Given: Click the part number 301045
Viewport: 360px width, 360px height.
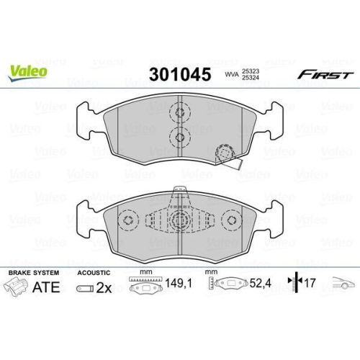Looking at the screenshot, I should coord(179,73).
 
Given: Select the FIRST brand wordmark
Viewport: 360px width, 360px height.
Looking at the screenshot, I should coord(325,74).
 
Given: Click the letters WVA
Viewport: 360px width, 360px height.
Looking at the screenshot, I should coord(232,74).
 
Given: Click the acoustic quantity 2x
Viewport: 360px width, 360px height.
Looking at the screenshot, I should coord(104,289).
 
